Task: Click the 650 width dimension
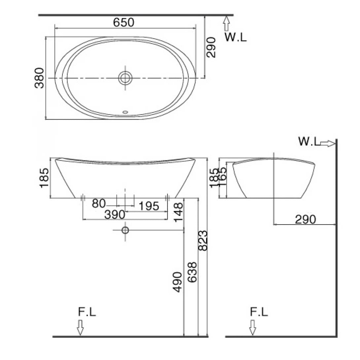124,22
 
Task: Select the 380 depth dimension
39,78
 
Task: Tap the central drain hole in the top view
125,78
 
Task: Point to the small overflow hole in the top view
125,112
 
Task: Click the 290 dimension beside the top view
211,48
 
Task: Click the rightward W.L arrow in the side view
328,143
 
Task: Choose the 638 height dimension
192,272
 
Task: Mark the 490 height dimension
177,282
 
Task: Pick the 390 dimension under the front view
115,215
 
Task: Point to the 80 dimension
98,203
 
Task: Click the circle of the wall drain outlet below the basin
125,230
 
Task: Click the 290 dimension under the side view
305,219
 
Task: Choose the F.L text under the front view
87,312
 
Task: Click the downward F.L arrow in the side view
253,327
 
